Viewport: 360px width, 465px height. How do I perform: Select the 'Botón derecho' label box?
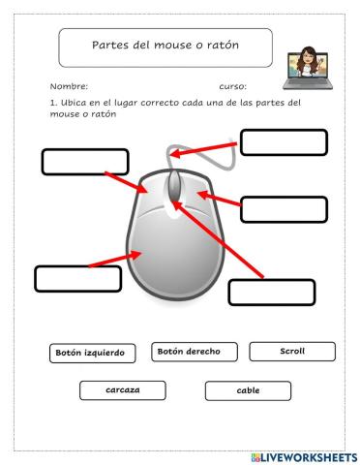(x=195, y=352)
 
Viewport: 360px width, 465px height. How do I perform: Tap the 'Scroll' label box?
(x=291, y=351)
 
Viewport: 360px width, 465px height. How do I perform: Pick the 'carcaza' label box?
(x=123, y=390)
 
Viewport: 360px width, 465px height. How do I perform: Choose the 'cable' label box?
(x=248, y=390)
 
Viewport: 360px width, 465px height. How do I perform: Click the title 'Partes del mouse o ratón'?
(x=165, y=46)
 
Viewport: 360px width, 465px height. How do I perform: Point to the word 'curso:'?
(x=232, y=87)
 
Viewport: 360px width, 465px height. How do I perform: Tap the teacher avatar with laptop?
(x=308, y=66)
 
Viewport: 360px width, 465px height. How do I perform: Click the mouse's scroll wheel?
(x=174, y=186)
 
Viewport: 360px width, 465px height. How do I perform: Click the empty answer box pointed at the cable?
(x=284, y=141)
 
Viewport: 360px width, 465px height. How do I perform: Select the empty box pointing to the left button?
(x=85, y=162)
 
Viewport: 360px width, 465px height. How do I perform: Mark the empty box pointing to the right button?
(x=284, y=208)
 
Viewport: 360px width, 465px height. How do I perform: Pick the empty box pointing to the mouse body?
(x=77, y=278)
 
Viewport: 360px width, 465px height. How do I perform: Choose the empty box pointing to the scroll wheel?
(x=272, y=292)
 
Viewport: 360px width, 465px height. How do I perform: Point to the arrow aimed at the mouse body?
(x=117, y=260)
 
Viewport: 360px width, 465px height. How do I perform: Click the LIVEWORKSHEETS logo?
(x=303, y=456)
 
